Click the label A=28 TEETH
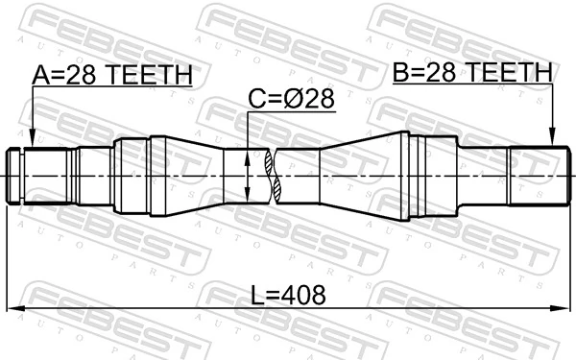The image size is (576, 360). point(113,74)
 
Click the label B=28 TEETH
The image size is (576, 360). point(471,71)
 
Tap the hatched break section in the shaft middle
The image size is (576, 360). point(276,177)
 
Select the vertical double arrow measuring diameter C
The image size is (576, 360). point(248,176)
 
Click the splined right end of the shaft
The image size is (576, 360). point(533,176)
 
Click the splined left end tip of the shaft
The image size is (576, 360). point(16,176)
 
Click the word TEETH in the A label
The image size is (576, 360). point(152,74)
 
